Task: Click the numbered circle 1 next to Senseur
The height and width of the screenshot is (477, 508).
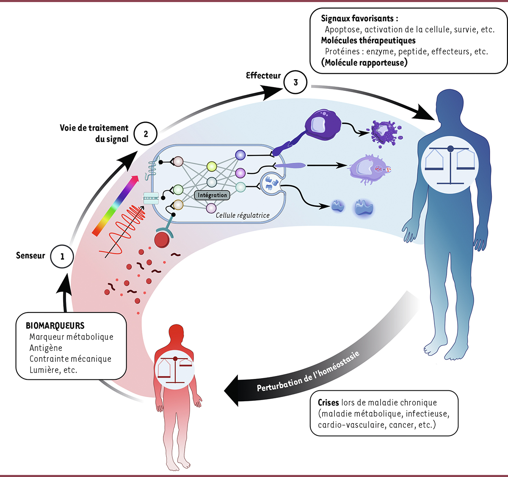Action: click(62, 256)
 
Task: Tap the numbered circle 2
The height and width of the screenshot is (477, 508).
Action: click(146, 134)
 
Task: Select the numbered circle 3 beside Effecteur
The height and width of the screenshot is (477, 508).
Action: click(295, 82)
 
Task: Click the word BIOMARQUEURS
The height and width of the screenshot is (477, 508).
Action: click(55, 326)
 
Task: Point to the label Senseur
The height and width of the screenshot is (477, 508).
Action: click(30, 255)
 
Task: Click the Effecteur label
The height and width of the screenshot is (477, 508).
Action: click(263, 76)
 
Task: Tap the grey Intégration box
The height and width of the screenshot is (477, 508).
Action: click(213, 195)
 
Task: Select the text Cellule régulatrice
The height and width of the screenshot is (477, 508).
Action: click(243, 215)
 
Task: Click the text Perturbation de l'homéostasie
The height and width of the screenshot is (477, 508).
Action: click(308, 372)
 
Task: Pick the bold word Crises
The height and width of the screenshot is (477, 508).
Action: click(329, 403)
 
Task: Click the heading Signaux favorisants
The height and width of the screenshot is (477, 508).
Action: click(359, 19)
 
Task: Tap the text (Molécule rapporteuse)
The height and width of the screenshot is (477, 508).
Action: click(364, 63)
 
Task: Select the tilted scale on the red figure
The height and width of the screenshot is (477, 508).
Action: click(174, 369)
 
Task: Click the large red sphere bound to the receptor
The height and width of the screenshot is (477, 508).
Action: click(162, 240)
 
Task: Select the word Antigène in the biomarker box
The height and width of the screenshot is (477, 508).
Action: click(46, 348)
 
